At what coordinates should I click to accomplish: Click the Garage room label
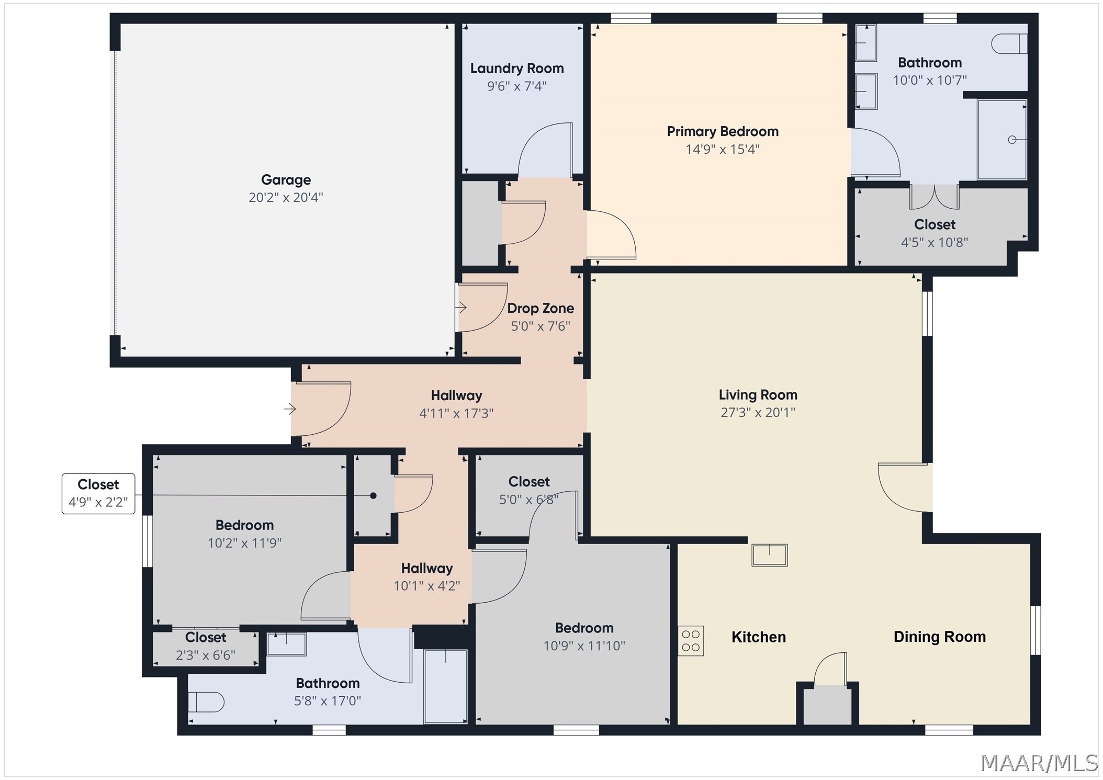[x=286, y=180]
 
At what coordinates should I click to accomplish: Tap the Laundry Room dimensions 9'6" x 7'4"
[x=517, y=86]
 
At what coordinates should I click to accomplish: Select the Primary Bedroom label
[x=723, y=131]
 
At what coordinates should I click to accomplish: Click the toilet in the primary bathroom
[x=1009, y=43]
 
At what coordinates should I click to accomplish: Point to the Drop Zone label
[x=541, y=308]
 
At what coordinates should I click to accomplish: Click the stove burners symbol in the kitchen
[x=691, y=641]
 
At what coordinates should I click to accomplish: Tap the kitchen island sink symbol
[x=769, y=555]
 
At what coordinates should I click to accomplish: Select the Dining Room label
[x=940, y=637]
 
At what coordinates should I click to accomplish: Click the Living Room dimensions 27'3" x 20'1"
[x=758, y=412]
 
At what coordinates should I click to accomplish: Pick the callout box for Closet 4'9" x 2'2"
[x=98, y=493]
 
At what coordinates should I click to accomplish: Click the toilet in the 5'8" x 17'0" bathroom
[x=206, y=702]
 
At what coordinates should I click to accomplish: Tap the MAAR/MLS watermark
[x=1039, y=763]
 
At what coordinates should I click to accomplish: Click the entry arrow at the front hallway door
[x=290, y=409]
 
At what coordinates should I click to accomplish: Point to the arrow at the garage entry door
[x=460, y=307]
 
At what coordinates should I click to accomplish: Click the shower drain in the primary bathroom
[x=1012, y=140]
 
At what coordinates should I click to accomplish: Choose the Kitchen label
[x=759, y=637]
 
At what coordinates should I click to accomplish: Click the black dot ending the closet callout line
[x=373, y=495]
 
